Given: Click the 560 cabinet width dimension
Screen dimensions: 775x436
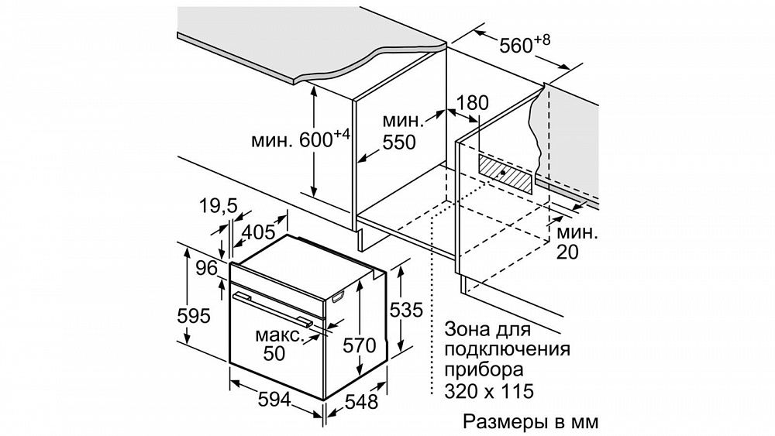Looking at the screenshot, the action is pyautogui.click(x=525, y=43).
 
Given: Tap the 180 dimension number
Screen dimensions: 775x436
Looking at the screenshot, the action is pyautogui.click(x=471, y=103).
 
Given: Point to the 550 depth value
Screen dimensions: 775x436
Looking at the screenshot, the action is pyautogui.click(x=399, y=142).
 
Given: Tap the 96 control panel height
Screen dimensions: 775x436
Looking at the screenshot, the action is pyautogui.click(x=207, y=268).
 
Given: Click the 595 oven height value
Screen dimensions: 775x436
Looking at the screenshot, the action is pyautogui.click(x=194, y=315).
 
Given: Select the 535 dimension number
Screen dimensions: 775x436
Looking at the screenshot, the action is pyautogui.click(x=406, y=310).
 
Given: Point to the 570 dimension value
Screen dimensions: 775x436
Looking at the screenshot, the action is pyautogui.click(x=360, y=345).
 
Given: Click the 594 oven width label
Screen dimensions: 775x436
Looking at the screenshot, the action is pyautogui.click(x=275, y=399).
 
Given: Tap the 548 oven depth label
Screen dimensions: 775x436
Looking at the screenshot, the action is pyautogui.click(x=361, y=402).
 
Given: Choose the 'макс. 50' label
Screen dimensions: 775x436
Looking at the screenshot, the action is pyautogui.click(x=279, y=344).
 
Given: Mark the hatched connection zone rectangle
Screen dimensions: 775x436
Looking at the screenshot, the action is pyautogui.click(x=506, y=173).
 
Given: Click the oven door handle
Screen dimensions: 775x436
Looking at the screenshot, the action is pyautogui.click(x=273, y=308).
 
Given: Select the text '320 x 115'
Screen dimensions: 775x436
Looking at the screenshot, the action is pyautogui.click(x=489, y=391).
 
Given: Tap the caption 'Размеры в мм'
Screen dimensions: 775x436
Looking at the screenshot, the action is pyautogui.click(x=530, y=422).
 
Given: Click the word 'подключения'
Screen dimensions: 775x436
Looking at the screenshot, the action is pyautogui.click(x=507, y=349).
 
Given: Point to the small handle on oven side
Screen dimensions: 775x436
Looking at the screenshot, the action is pyautogui.click(x=339, y=297).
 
